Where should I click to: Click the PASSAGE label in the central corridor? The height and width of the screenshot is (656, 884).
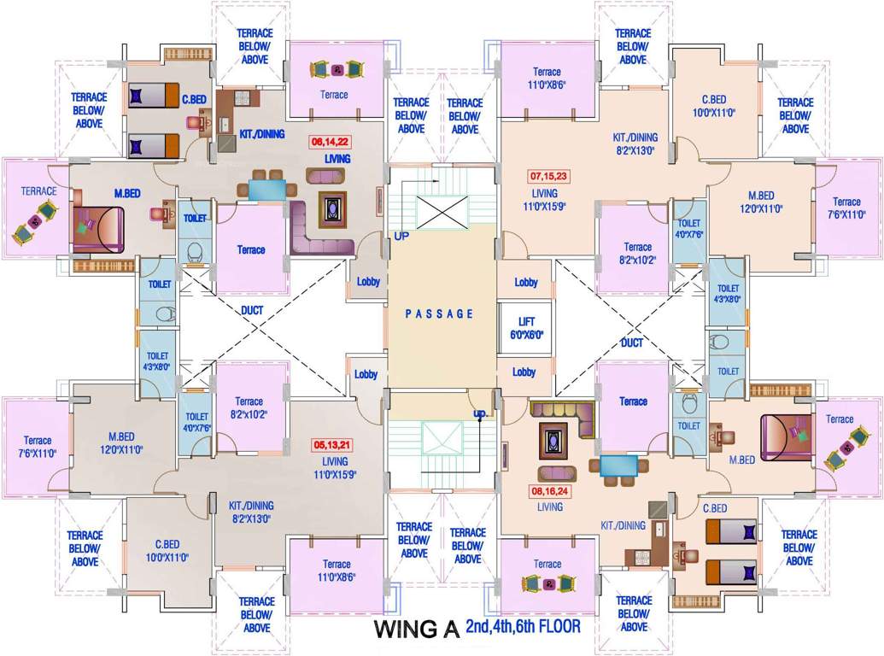click(x=439, y=313)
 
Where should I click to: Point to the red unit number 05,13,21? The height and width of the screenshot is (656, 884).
click(x=333, y=445)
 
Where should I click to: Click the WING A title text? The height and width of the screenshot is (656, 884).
click(x=417, y=630)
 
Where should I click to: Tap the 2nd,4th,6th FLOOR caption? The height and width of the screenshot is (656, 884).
click(x=523, y=627)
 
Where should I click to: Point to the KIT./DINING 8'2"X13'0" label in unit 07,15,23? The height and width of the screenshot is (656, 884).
click(x=635, y=143)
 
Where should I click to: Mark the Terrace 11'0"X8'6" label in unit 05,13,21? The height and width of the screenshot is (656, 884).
click(x=337, y=570)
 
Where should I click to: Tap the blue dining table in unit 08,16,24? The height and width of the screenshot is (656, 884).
click(x=618, y=466)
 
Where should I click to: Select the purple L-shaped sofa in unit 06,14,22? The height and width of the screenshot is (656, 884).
click(x=320, y=231)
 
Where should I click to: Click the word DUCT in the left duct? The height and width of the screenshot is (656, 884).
click(x=252, y=311)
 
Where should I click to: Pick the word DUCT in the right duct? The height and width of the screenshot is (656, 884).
click(x=631, y=343)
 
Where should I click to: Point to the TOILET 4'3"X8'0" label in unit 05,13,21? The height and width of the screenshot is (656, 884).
click(x=158, y=360)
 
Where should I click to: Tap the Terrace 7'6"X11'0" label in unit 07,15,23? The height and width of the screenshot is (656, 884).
click(x=847, y=208)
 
